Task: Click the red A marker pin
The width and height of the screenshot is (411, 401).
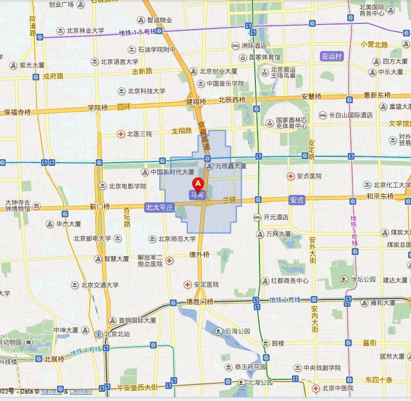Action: click(198, 184)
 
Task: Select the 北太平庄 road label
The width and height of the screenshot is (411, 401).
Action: click(159, 208)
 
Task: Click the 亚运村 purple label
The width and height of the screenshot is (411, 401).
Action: click(332, 56)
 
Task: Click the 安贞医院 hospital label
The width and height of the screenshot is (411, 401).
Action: click(309, 176)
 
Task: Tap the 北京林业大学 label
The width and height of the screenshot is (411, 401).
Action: click(86, 31)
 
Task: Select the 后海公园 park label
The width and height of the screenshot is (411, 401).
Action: click(238, 331)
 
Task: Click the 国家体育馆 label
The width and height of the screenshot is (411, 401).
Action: click(264, 58)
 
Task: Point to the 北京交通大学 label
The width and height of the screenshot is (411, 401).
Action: click(100, 285)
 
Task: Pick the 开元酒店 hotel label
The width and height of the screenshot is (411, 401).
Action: click(276, 217)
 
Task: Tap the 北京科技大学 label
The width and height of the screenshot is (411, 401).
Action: click(147, 91)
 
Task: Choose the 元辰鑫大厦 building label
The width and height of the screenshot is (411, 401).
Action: click(230, 166)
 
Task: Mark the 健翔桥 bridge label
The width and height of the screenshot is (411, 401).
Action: click(196, 102)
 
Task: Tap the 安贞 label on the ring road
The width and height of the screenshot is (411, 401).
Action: click(297, 200)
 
